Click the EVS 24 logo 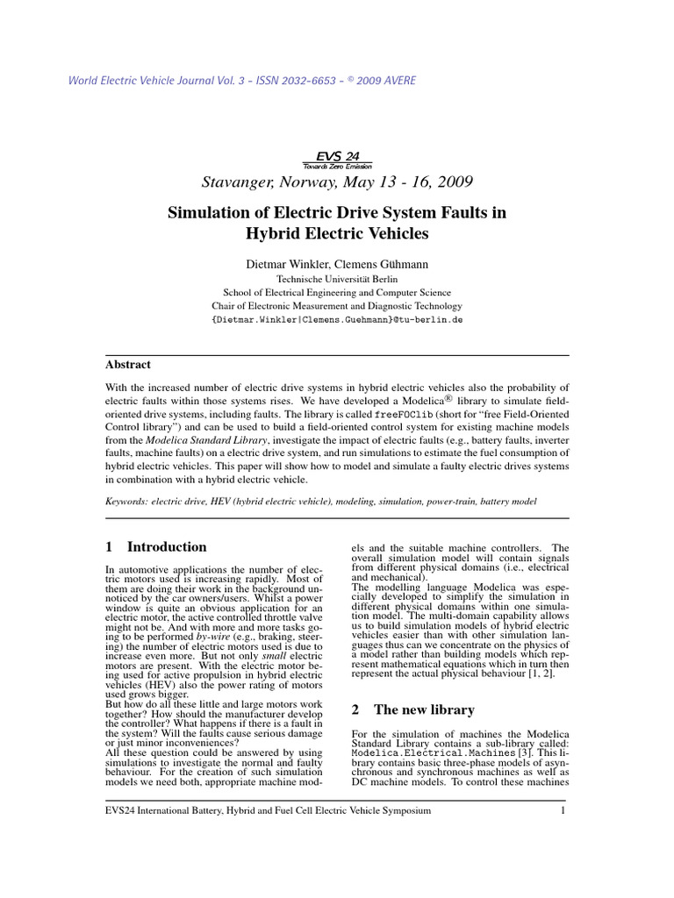click(x=337, y=156)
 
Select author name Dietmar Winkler click(x=288, y=263)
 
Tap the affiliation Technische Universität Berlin click(x=337, y=279)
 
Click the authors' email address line click(x=337, y=320)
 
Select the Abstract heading click(x=128, y=364)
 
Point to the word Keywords click(x=125, y=501)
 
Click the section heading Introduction click(x=167, y=546)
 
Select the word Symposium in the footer click(x=404, y=811)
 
